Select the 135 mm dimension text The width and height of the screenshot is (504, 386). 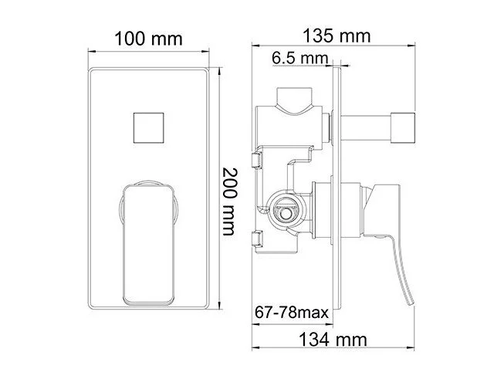337,36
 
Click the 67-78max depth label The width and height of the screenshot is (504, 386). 292,313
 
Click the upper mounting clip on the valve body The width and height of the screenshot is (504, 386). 257,159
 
